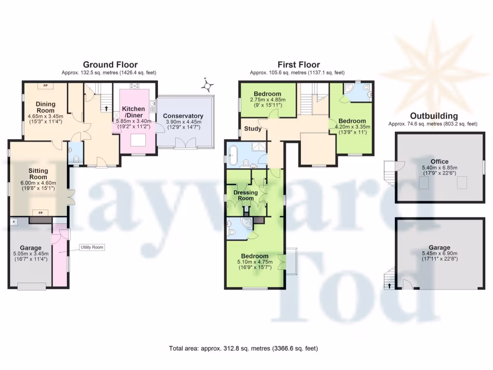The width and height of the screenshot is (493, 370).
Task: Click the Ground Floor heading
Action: pos(110,65)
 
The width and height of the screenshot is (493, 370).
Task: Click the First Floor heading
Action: pos(298,65)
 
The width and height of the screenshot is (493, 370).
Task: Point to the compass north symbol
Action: pos(208,86)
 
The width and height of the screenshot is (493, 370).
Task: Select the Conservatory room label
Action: pos(183,116)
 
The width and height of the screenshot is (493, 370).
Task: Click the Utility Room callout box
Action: pos(91,247)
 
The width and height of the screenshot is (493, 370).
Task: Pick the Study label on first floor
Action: pos(253,129)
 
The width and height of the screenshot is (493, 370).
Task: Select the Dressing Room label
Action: pos(246,195)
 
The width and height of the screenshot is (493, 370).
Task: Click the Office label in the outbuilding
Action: pos(439,161)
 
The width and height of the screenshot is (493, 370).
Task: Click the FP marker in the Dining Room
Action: pos(46,86)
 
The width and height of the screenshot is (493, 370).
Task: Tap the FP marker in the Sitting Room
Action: pos(40,213)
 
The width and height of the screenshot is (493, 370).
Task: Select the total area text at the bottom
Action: pos(243,348)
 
